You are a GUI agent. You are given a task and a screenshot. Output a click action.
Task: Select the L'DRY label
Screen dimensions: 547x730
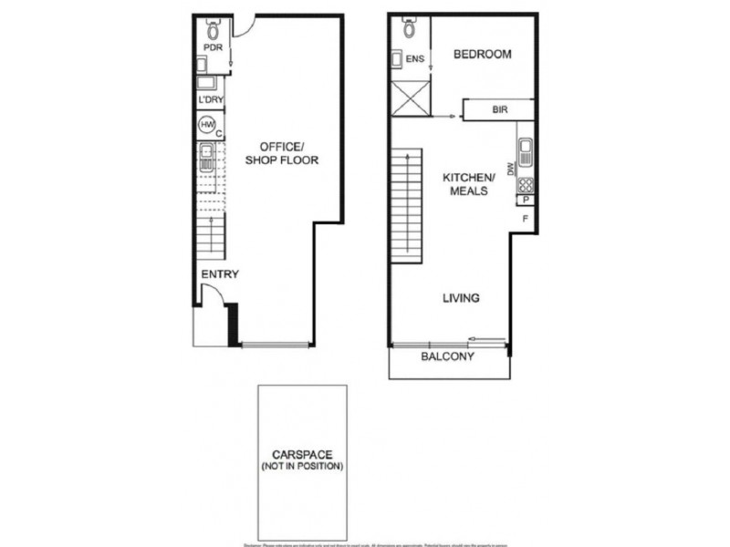tap(211, 100)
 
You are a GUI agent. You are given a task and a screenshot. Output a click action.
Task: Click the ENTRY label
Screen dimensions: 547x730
tap(218, 274)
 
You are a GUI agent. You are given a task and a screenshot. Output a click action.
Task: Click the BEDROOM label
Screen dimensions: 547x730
tap(482, 55)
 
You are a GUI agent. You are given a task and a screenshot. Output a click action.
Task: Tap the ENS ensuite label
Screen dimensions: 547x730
tap(414, 60)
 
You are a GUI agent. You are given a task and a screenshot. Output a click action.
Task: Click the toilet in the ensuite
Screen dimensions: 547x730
tap(409, 29)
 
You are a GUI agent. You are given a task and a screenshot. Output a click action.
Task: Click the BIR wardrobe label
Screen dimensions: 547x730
tap(499, 110)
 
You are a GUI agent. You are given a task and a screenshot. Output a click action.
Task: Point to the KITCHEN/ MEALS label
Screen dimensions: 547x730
tap(468, 183)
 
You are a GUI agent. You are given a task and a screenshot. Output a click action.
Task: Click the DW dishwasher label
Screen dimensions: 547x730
tap(511, 168)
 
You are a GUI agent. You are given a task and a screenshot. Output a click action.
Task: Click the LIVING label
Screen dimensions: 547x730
tap(462, 298)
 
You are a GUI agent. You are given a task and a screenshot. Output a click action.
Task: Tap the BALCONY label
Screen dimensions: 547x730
tap(447, 356)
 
